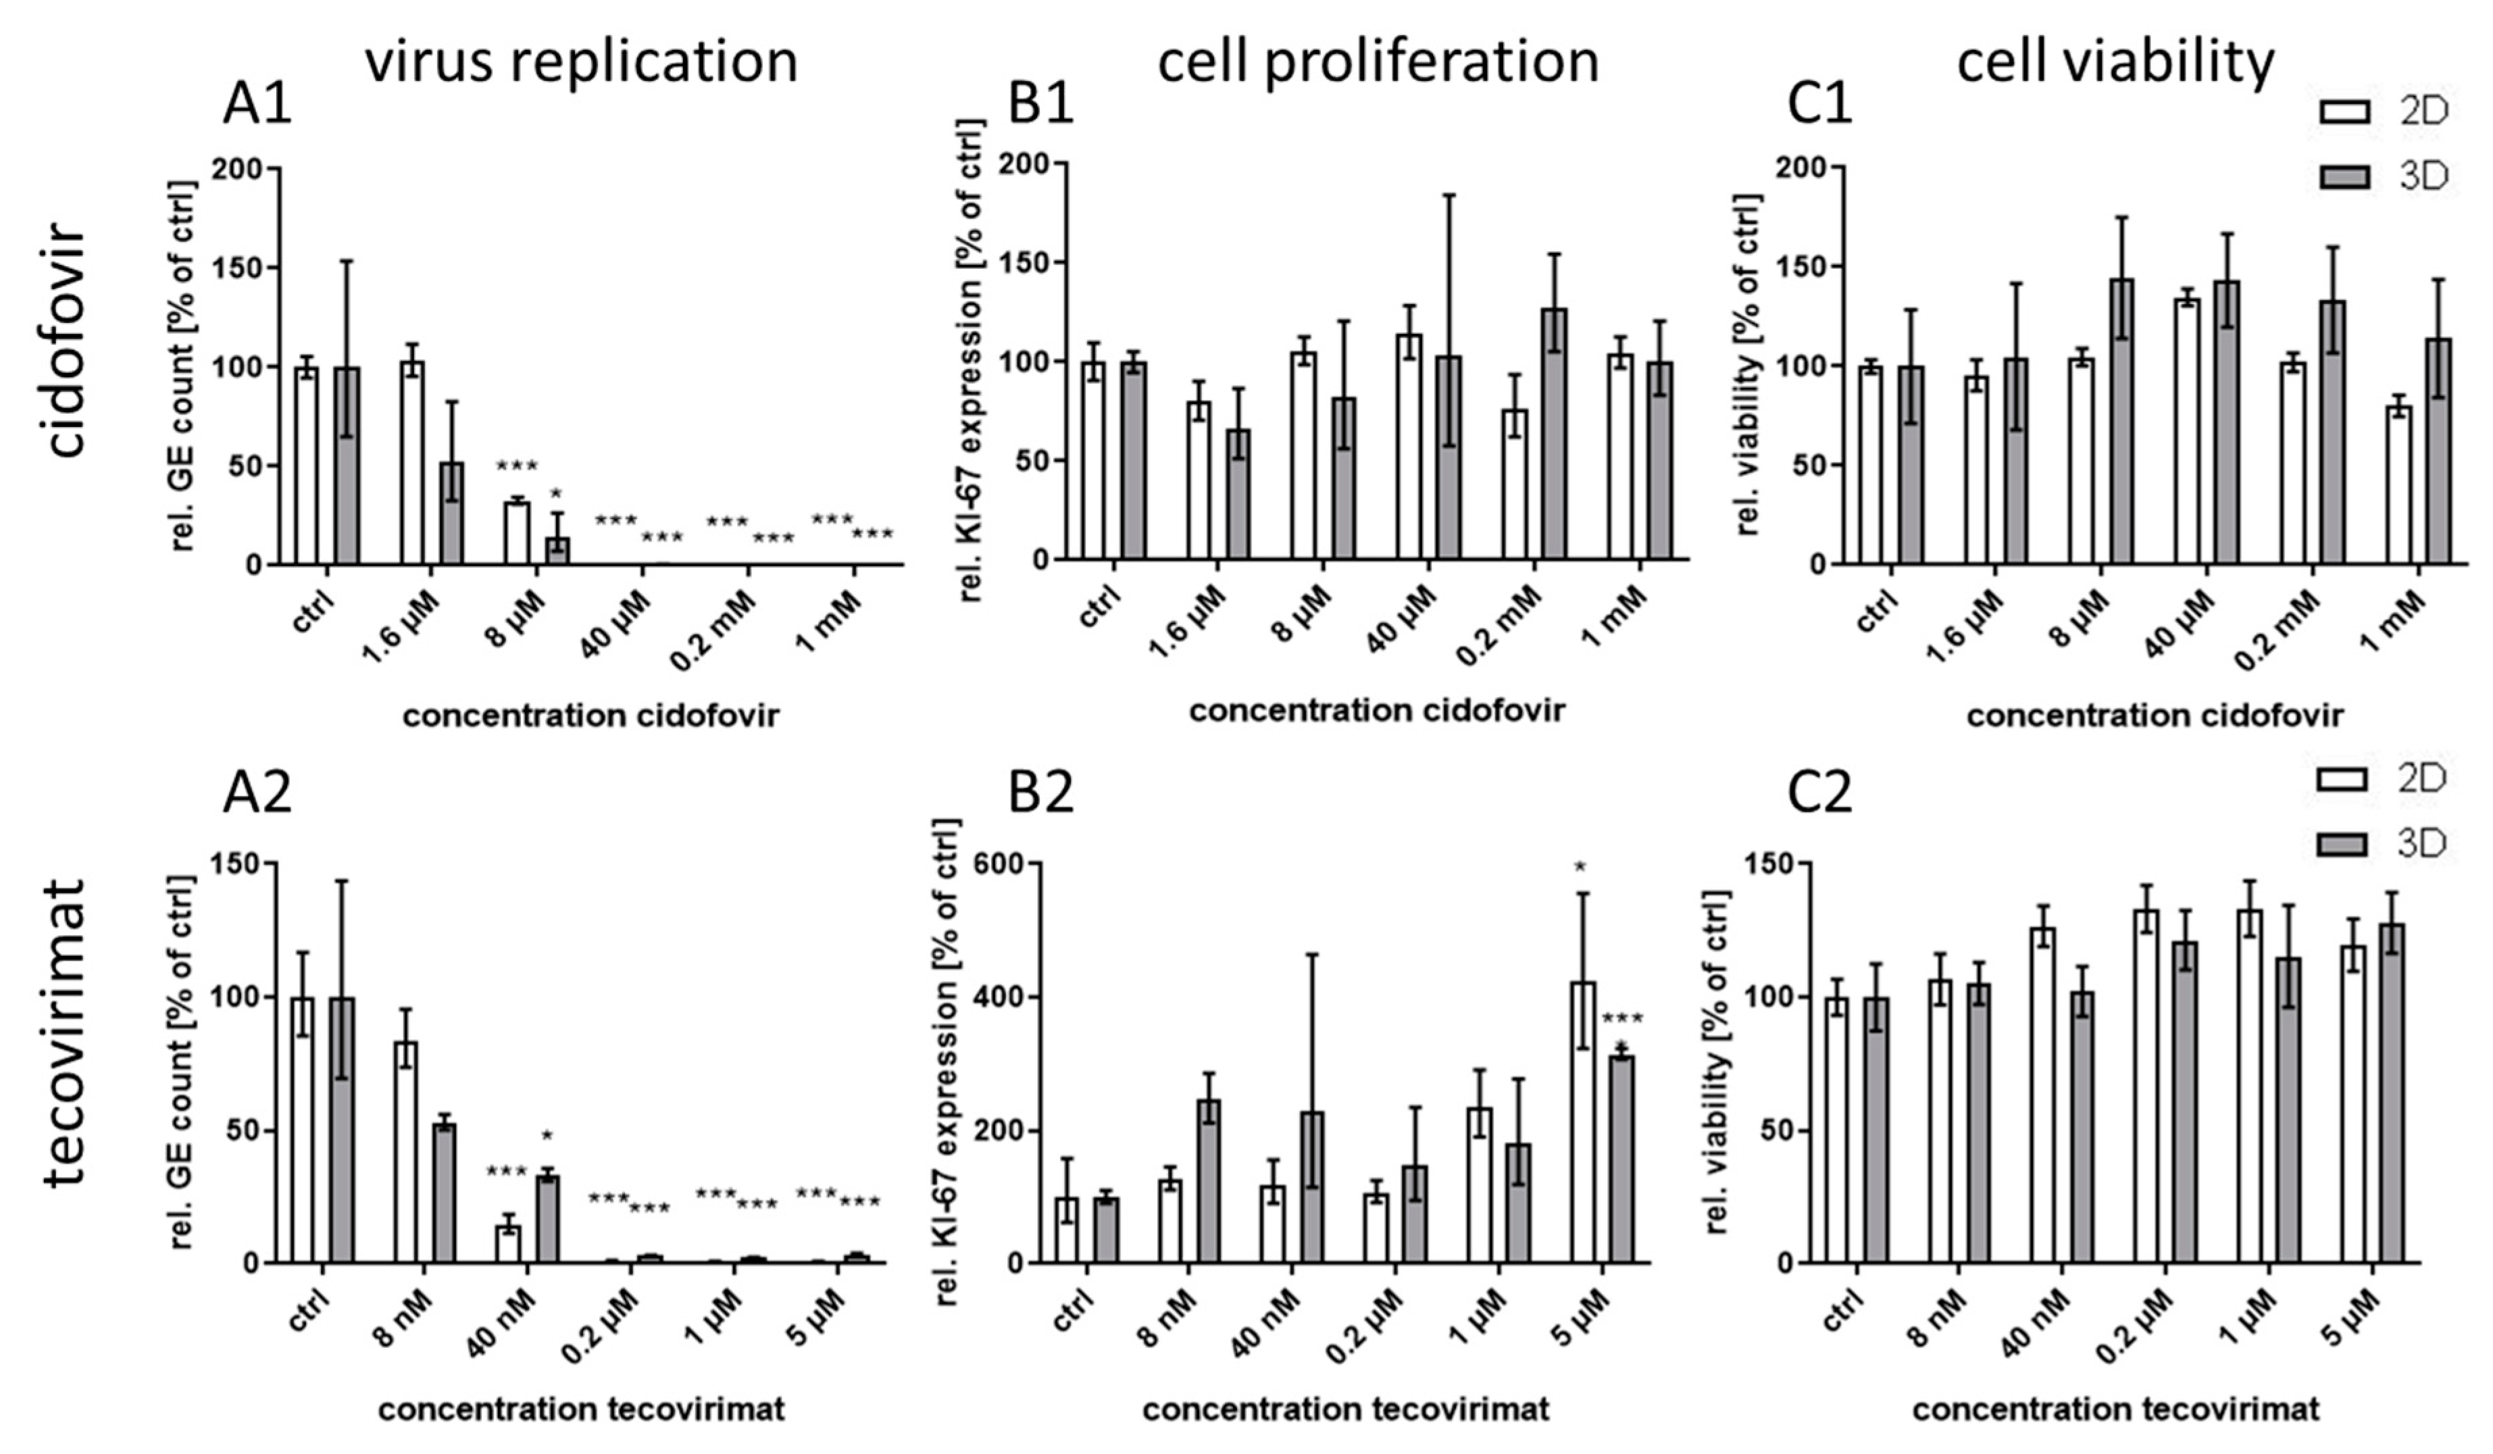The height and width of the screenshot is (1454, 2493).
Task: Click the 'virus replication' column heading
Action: tap(582, 61)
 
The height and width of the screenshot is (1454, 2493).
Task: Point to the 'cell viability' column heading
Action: tap(2115, 61)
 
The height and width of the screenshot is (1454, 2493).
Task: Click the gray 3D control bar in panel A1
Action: tap(346, 465)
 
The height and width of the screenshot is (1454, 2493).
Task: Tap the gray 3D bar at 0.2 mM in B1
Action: tap(1553, 433)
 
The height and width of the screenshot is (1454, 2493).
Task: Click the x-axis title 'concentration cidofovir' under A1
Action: tap(590, 714)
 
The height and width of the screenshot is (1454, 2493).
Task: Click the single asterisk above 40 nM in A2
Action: tap(547, 1136)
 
